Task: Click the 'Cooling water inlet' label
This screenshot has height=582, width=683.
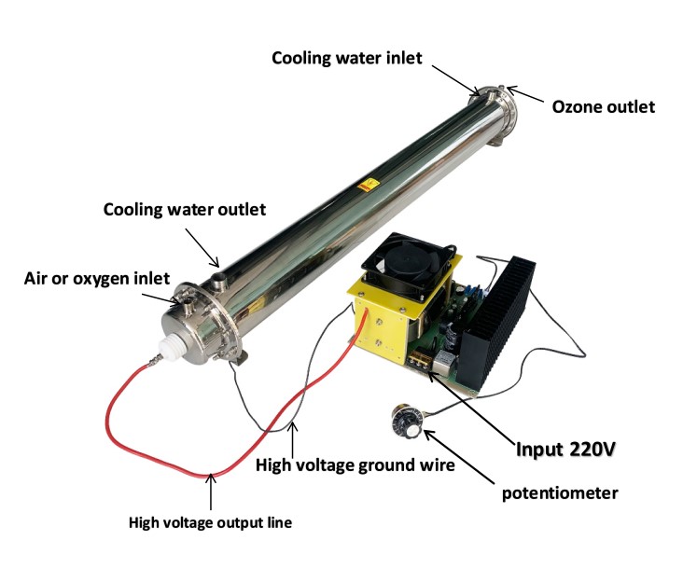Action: (347, 58)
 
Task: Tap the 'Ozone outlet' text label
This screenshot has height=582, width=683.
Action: (604, 107)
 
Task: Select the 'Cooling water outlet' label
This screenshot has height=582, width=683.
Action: (184, 209)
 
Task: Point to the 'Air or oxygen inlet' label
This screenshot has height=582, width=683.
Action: (97, 279)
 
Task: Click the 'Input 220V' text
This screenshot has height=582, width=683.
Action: (565, 449)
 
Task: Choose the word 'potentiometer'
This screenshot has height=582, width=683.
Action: (560, 493)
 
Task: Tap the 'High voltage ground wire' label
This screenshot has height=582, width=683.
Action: (355, 465)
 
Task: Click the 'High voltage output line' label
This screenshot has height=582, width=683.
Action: (210, 522)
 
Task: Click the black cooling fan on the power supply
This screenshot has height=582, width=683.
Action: (410, 267)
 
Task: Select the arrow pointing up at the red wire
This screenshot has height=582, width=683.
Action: (211, 492)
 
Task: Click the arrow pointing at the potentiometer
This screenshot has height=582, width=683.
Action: (459, 457)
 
